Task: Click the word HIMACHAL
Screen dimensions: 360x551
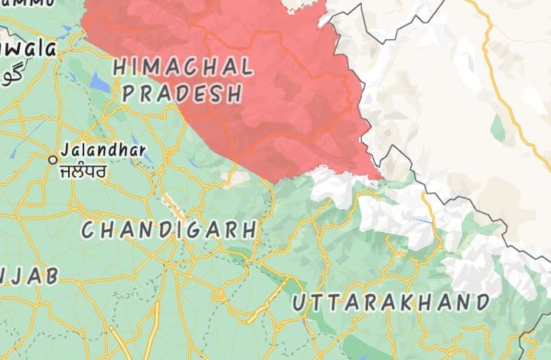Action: click(182, 67)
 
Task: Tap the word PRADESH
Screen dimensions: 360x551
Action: click(182, 94)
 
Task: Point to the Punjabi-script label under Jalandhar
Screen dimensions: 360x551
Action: click(83, 169)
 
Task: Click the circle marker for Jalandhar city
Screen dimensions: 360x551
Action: click(53, 159)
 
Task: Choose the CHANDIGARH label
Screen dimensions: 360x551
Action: click(169, 229)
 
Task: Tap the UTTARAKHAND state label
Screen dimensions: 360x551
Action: click(390, 302)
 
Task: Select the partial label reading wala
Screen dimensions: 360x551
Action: click(28, 50)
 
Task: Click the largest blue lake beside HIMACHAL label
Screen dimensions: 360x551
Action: click(99, 80)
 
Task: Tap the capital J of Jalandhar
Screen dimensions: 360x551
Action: click(64, 150)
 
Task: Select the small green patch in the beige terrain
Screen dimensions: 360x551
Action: click(498, 126)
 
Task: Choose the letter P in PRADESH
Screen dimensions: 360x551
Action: click(129, 94)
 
